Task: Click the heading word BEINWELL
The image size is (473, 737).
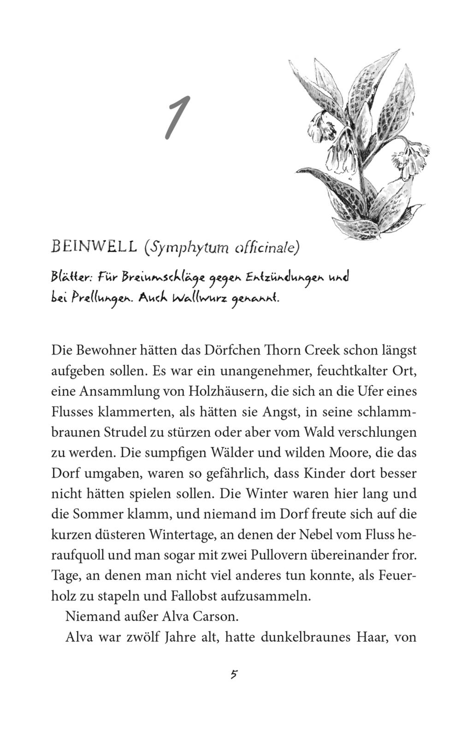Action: [x=94, y=247]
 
